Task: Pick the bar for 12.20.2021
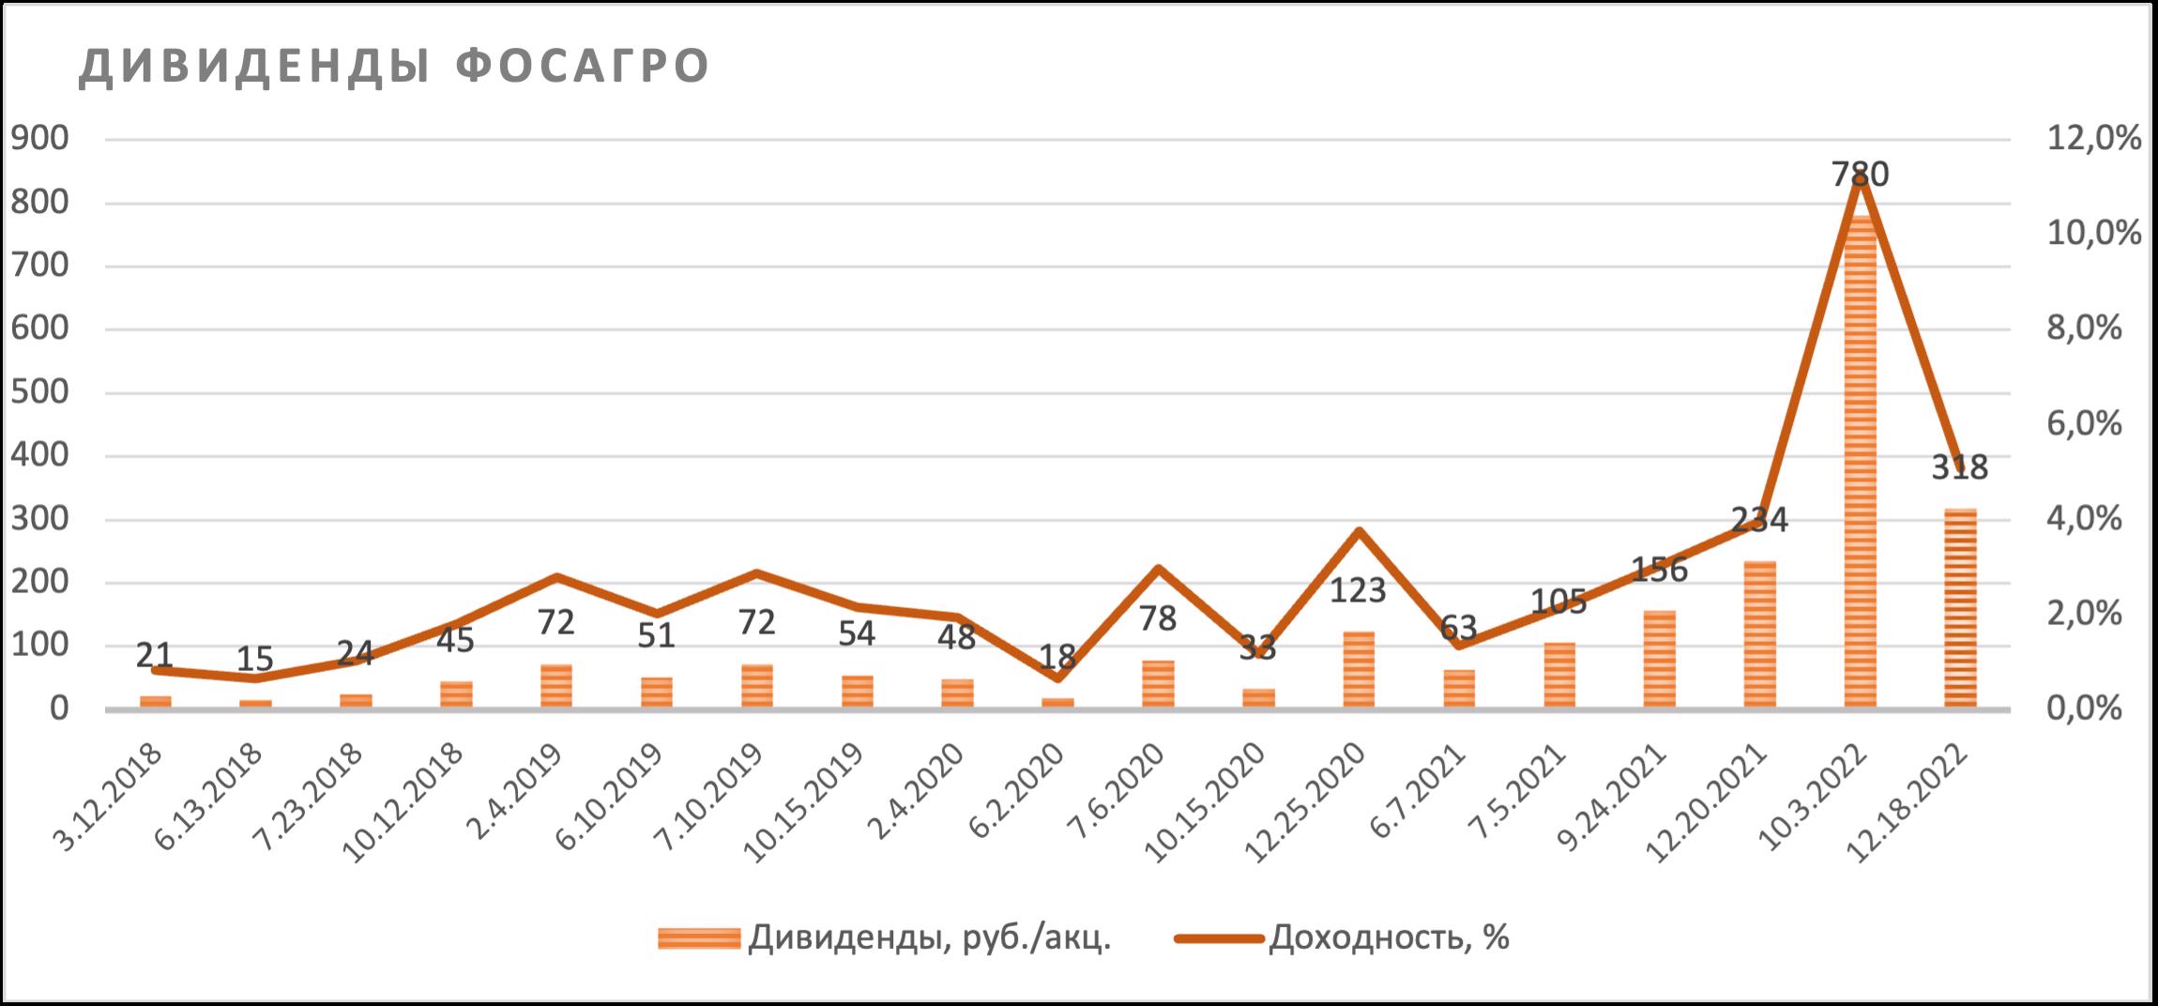[x=1759, y=634]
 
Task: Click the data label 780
[x=1860, y=175]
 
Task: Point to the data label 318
[x=1960, y=467]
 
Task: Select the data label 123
[x=1358, y=590]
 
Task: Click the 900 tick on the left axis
[x=39, y=139]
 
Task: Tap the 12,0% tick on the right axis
[x=2095, y=139]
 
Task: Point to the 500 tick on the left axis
[x=39, y=392]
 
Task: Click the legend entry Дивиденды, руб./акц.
[x=929, y=937]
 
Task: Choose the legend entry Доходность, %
[x=1389, y=937]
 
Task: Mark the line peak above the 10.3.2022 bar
[x=1860, y=178]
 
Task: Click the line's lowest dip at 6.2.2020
[x=1057, y=677]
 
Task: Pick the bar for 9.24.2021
[x=1659, y=659]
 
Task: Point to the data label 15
[x=255, y=660]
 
